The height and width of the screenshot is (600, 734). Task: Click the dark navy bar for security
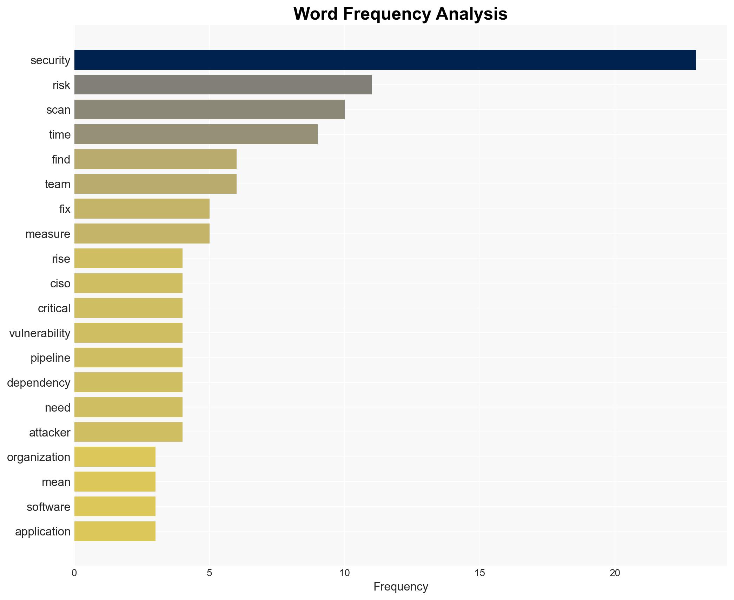(385, 60)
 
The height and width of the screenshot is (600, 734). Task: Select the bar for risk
(223, 85)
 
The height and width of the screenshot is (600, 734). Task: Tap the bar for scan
(209, 109)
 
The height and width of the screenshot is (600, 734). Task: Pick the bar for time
(196, 134)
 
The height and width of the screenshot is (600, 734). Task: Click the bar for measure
(142, 234)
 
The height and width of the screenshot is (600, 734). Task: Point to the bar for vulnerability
(128, 333)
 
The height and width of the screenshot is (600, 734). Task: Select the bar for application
(115, 531)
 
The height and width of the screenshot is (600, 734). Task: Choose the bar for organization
(115, 457)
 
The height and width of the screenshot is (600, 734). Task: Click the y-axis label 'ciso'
(60, 284)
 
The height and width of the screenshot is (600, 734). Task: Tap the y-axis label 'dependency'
(39, 383)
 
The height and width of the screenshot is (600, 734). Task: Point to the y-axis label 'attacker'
(49, 433)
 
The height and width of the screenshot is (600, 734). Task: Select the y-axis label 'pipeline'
(50, 358)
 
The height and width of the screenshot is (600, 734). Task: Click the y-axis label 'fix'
(65, 209)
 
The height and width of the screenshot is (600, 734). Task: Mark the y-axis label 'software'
(48, 507)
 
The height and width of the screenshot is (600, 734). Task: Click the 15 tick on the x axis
(480, 573)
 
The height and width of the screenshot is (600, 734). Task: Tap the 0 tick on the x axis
(74, 573)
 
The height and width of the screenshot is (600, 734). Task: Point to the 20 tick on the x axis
(615, 573)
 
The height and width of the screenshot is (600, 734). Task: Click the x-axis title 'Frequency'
(401, 587)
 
